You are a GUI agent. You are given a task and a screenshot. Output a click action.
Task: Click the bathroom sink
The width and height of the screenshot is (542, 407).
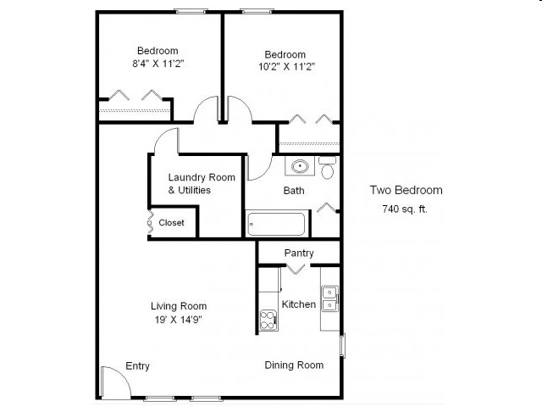[299, 167]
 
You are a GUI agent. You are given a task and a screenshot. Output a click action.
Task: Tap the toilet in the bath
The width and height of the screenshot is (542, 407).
[328, 169]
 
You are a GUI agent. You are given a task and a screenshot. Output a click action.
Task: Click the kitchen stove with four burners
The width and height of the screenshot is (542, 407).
[268, 321]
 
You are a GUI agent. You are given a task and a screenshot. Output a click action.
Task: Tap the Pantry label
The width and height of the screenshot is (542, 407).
[299, 253]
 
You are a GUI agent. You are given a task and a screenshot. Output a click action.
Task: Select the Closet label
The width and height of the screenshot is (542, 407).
[171, 223]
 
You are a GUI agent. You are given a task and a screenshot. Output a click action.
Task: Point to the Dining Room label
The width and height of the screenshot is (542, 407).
[294, 365]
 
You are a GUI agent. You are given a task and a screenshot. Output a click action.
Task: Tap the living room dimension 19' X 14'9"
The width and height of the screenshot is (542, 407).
[178, 320]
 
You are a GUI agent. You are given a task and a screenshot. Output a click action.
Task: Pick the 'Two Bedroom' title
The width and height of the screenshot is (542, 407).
[406, 190]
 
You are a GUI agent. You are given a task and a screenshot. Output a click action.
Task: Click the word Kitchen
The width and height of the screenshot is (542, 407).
[299, 304]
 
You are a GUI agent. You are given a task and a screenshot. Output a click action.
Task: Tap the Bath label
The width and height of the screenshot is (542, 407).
[294, 191]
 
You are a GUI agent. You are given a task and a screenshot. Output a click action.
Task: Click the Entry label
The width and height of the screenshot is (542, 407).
[137, 365]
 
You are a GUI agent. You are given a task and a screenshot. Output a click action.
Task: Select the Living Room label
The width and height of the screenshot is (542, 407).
[179, 306]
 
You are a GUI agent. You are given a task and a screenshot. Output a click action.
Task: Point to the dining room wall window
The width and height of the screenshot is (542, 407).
[343, 346]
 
